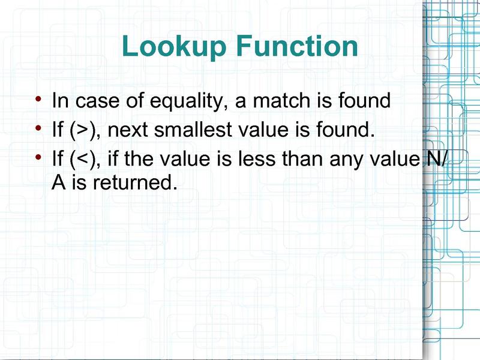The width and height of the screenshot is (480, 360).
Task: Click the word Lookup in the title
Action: [x=174, y=47]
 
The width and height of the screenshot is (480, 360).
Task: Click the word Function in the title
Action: [x=297, y=46]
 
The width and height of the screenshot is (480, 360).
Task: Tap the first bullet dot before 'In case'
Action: [x=38, y=98]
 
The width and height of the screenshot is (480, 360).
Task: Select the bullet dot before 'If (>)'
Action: [x=38, y=128]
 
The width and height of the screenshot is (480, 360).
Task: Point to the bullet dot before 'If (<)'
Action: [x=38, y=157]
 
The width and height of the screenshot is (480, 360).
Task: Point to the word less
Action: [x=257, y=158]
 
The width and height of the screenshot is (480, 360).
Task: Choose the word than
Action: [x=302, y=158]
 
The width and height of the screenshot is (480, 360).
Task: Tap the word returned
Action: [x=135, y=182]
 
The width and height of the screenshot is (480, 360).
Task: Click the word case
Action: [x=97, y=101]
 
